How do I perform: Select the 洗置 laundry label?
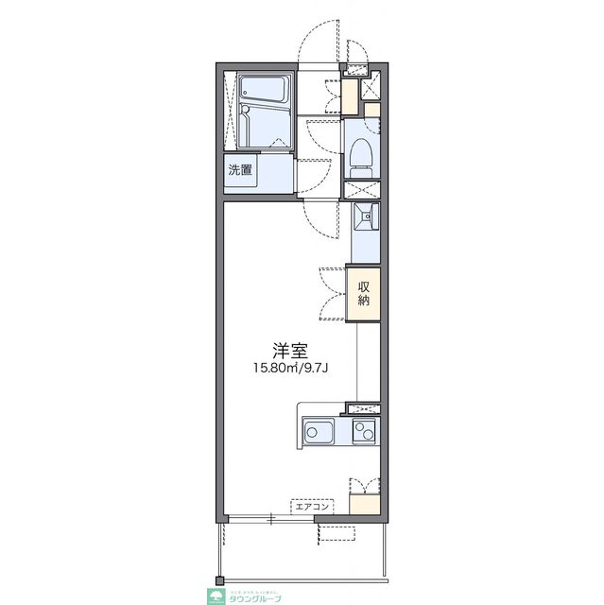tap(240, 171)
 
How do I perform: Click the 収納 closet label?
tap(363, 294)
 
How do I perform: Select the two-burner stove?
tap(364, 432)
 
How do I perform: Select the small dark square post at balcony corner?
tap(220, 579)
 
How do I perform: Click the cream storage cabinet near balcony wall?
tap(363, 504)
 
